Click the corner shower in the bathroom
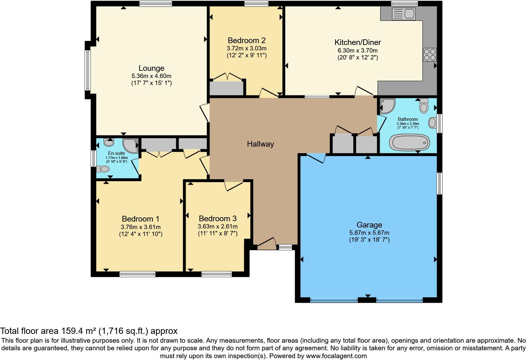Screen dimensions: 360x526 click(387, 106)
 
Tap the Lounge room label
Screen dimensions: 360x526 click(151, 68)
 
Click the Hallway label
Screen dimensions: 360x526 click(260, 144)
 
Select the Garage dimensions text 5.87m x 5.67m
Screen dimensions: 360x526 click(369, 233)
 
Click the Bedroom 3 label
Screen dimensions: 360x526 click(217, 219)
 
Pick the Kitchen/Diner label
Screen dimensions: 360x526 click(357, 42)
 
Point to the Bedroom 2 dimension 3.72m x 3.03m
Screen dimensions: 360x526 click(246, 48)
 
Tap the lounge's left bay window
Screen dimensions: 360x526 click(88, 70)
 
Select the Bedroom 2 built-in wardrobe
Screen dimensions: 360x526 click(227, 88)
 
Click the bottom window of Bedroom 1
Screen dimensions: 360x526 click(137, 274)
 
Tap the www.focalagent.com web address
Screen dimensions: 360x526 click(336, 356)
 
